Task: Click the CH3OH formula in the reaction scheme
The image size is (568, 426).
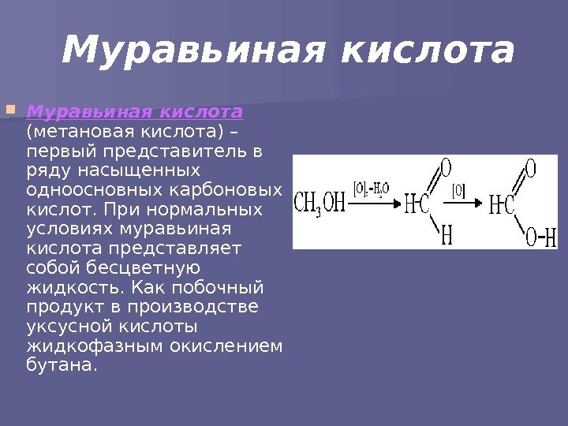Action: (x=320, y=204)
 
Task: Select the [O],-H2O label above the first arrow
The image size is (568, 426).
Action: (x=372, y=189)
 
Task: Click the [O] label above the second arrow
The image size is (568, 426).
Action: (x=458, y=189)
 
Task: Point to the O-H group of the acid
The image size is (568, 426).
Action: (x=541, y=237)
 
